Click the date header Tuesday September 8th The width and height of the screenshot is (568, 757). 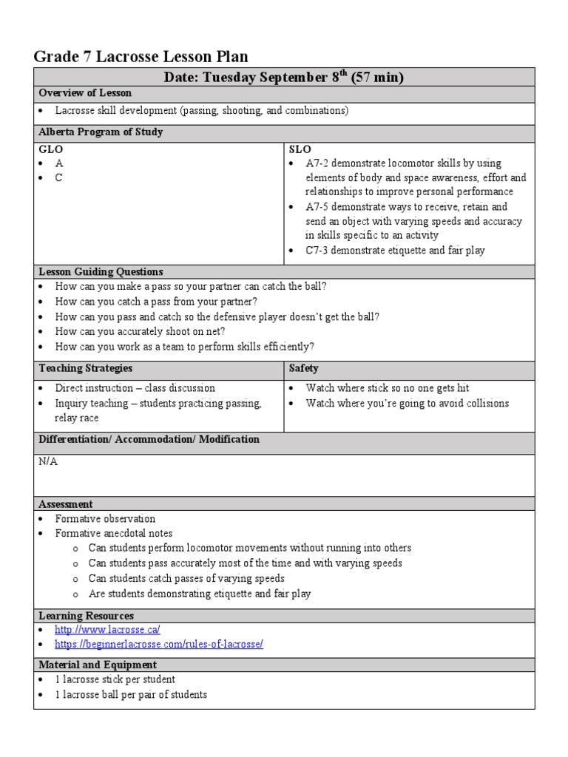[x=283, y=78]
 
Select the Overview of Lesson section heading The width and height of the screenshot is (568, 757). [x=85, y=93]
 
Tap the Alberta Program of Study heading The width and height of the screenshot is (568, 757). [x=101, y=132]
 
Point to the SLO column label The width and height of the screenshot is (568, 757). [x=300, y=149]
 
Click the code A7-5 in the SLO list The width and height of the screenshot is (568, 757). [x=319, y=207]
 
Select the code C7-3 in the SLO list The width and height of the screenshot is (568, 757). [x=319, y=251]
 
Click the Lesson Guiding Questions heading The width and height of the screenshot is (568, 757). [x=101, y=272]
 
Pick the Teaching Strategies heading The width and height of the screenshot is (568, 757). [x=85, y=368]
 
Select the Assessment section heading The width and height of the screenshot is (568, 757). [x=66, y=504]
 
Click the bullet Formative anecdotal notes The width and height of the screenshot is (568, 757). [x=113, y=533]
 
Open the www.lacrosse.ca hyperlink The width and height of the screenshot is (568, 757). [x=107, y=630]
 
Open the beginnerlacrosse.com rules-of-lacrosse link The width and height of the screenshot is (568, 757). [x=158, y=644]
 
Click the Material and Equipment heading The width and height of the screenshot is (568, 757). [x=97, y=665]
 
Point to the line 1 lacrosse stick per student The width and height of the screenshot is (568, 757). [x=115, y=679]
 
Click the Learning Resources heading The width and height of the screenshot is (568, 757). [x=86, y=616]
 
